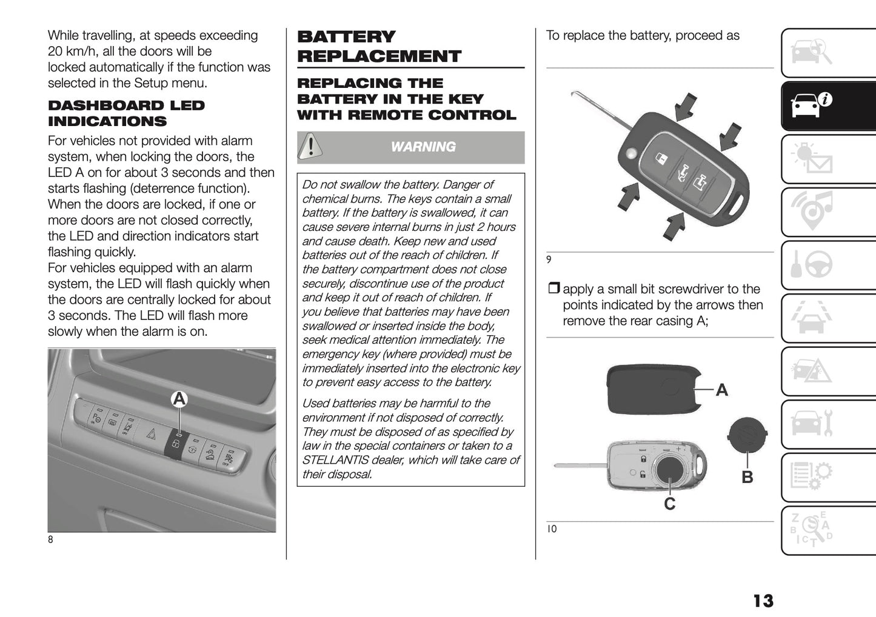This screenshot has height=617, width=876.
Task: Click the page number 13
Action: (763, 601)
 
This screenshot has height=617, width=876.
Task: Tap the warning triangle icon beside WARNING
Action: (310, 147)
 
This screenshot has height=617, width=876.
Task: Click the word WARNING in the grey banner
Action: (423, 147)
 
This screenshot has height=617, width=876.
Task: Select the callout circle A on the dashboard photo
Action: (179, 399)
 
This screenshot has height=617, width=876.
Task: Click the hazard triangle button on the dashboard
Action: (151, 433)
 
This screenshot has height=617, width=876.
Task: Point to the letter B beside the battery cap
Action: (747, 478)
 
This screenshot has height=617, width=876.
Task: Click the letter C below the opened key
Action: (669, 504)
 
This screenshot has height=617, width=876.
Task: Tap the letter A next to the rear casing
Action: (721, 390)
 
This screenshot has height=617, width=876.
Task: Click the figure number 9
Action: (549, 260)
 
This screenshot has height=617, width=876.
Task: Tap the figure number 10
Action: (551, 529)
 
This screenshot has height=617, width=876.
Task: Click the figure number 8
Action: (51, 539)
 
